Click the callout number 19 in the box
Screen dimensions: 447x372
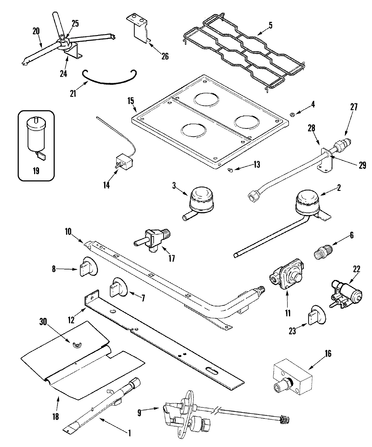pos(36,171)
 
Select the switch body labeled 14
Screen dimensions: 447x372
pos(124,162)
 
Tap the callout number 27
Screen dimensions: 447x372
pos(354,107)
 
